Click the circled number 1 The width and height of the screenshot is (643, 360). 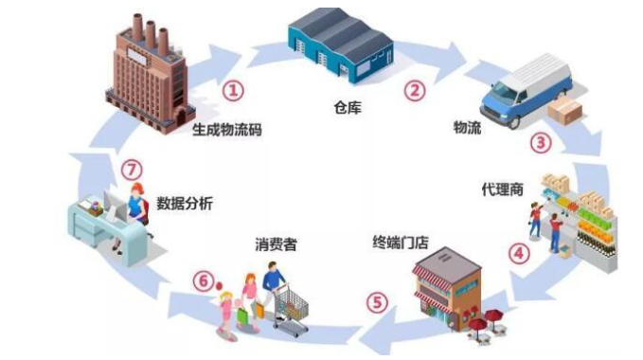coord(233,90)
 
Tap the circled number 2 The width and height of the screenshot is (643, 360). coord(415,90)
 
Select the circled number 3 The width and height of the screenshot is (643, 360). coord(541,143)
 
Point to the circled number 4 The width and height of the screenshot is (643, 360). coord(519,253)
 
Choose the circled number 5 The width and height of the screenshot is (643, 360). coord(377,302)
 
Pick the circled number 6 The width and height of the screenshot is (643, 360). coord(204,281)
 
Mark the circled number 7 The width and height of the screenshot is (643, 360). coord(132,170)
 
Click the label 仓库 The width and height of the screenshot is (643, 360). coord(348,107)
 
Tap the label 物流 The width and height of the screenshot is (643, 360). coord(467,128)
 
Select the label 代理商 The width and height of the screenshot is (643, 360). coord(502,189)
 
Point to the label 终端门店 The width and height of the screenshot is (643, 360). coord(401,243)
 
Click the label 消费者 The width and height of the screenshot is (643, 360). coord(276,244)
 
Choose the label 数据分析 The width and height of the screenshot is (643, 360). coord(185,204)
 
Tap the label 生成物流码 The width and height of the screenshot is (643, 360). coord(226,130)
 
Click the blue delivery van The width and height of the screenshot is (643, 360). coord(526,89)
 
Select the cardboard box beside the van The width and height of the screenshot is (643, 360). coord(564,110)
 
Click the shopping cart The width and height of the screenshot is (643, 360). coord(290,310)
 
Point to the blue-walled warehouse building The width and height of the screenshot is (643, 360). coord(341,45)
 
